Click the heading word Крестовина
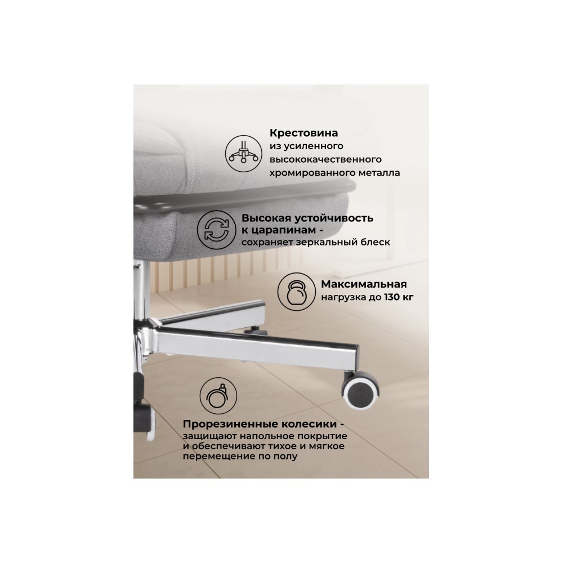[304, 133]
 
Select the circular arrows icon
[217, 230]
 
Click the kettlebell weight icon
[297, 291]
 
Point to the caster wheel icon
[218, 396]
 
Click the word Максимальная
[364, 284]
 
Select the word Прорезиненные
[226, 424]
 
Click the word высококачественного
[325, 159]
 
